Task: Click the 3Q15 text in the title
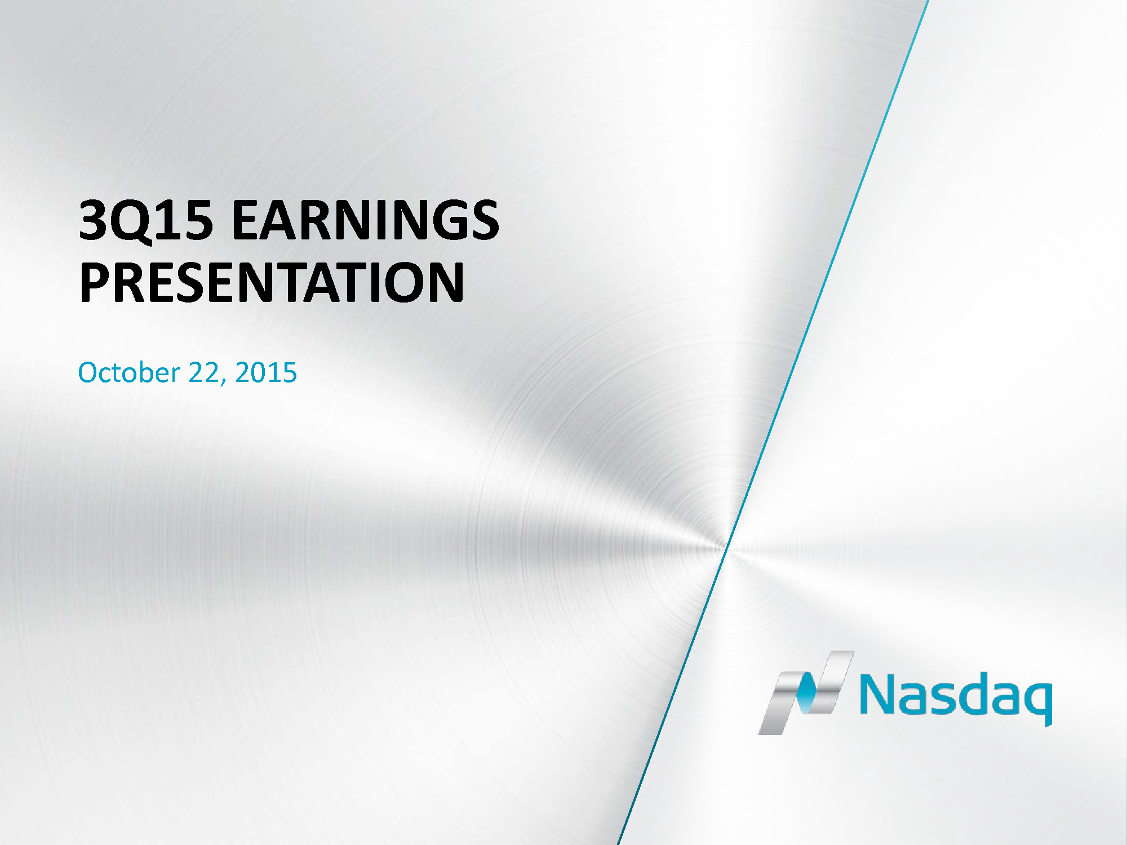(x=146, y=221)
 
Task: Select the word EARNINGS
(x=366, y=220)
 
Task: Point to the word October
(x=129, y=372)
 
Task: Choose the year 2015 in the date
(x=266, y=373)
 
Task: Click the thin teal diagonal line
(x=773, y=422)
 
